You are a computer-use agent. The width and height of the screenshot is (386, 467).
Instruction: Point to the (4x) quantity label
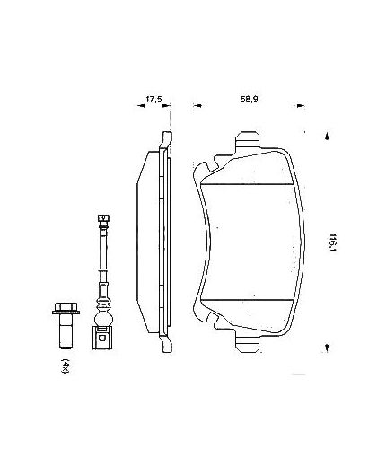66,366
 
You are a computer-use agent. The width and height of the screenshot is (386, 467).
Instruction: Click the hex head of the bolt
66,313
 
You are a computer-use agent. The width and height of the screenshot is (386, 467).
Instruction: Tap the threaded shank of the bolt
66,337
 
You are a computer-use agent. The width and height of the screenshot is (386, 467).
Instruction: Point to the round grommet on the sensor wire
103,317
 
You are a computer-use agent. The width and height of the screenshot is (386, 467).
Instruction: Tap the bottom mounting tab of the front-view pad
249,341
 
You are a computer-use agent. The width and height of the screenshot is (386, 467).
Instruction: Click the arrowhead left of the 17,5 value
142,105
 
